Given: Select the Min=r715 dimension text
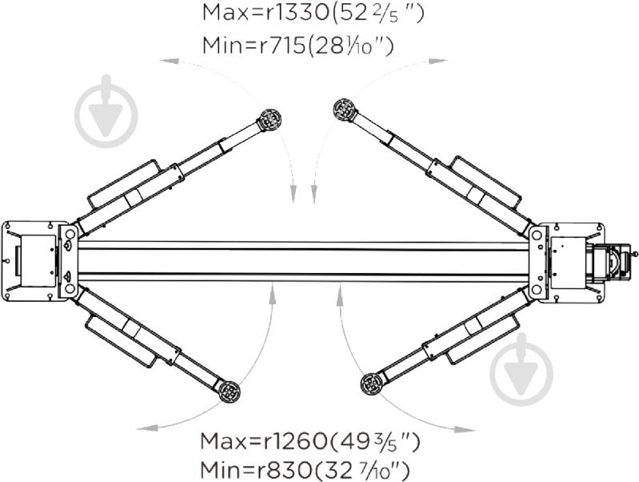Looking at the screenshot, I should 245,46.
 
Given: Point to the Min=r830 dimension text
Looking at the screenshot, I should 245,469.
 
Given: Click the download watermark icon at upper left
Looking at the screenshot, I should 106,112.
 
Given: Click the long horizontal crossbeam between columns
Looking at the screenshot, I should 304,258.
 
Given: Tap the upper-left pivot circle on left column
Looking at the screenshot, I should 69,234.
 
